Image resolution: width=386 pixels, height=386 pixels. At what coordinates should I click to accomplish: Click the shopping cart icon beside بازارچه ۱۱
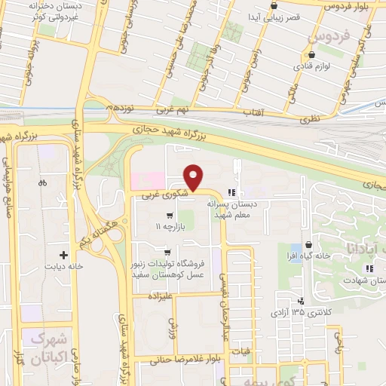[179, 215]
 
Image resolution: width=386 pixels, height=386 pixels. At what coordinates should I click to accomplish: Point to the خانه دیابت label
[64, 266]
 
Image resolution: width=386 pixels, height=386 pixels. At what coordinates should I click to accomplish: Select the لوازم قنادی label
[310, 66]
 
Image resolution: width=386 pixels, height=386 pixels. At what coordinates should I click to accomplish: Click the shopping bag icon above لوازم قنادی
[310, 55]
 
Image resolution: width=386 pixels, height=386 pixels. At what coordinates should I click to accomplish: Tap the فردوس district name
[329, 37]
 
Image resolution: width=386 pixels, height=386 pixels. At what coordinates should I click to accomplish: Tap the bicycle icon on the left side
[42, 182]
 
